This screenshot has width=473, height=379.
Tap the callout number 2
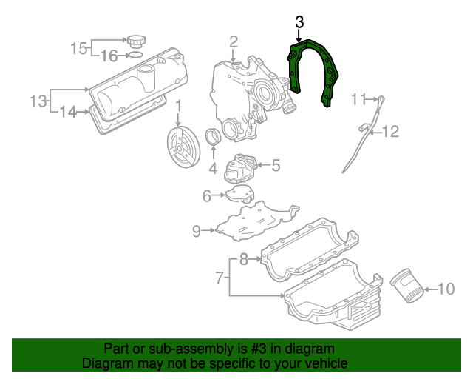[233, 41]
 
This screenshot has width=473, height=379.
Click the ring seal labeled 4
[213, 138]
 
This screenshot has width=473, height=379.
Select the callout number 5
[275, 166]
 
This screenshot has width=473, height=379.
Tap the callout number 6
[208, 195]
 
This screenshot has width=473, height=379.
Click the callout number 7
[219, 278]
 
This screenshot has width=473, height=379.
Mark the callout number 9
[197, 231]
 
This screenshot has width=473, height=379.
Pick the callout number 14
[68, 113]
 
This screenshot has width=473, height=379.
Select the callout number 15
[79, 49]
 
